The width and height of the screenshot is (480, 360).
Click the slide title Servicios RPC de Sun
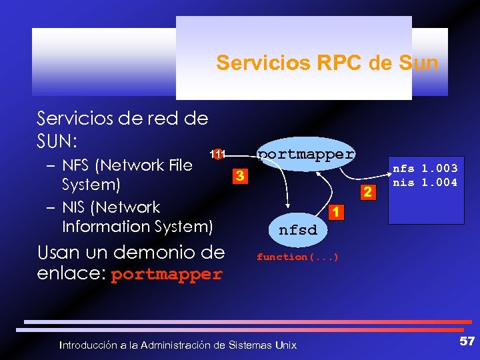327,63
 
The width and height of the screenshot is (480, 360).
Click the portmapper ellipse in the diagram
306,155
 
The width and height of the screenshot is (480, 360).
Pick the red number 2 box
365,193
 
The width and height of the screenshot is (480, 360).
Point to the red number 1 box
337,212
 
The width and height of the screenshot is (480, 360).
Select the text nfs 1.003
425,169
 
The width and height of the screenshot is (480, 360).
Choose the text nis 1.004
425,181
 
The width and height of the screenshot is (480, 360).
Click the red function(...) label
297,257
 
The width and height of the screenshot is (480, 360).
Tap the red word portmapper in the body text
167,274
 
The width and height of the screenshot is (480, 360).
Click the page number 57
467,341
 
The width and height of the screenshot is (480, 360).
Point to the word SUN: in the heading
57,141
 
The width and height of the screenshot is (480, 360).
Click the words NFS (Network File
127,165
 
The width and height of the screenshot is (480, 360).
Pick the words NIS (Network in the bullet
111,207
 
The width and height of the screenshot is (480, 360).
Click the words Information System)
137,226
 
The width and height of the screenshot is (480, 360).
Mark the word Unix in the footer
283,345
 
